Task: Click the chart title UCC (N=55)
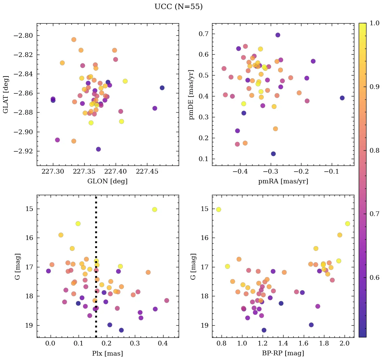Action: click(x=178, y=7)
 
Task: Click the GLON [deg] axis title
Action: click(x=107, y=181)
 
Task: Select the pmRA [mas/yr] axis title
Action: click(x=283, y=181)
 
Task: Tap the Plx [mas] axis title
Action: click(x=107, y=353)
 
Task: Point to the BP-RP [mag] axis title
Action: click(x=283, y=353)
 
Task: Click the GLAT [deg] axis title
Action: click(x=6, y=94)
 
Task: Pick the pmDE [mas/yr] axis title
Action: click(x=192, y=94)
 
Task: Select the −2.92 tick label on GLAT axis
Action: click(x=24, y=151)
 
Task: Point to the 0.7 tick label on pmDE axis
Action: click(x=203, y=34)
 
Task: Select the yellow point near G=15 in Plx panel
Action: click(x=154, y=209)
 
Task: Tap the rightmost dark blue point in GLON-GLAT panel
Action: click(x=162, y=88)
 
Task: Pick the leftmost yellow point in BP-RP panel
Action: click(x=218, y=209)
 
